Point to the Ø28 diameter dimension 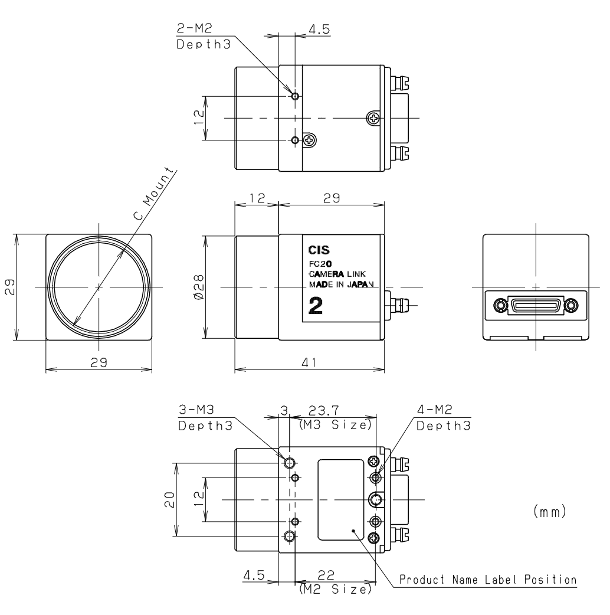(x=198, y=287)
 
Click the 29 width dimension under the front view (x=99, y=364)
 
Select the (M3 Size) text (x=335, y=424)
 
